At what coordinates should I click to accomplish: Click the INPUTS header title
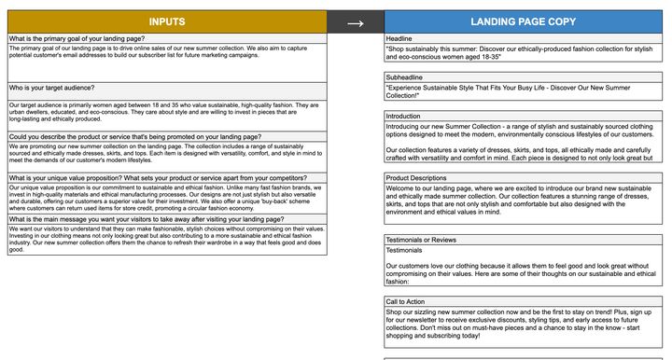click(166, 21)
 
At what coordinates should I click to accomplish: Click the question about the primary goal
click(77, 38)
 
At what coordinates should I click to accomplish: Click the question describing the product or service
click(135, 136)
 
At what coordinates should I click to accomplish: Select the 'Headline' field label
click(400, 38)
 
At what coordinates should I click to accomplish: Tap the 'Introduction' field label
click(403, 116)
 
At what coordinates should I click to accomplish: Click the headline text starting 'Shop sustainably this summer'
click(519, 52)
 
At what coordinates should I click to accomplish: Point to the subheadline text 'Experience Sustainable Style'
click(519, 90)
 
